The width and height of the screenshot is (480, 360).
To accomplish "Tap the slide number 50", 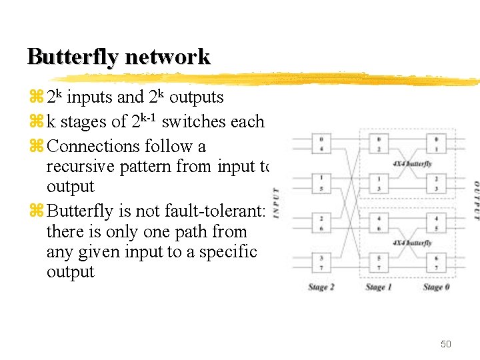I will [445, 344].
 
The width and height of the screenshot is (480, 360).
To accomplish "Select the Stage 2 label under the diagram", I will [321, 287].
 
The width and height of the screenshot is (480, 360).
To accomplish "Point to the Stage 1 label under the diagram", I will [378, 287].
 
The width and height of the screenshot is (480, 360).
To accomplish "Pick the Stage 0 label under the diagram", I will [436, 287].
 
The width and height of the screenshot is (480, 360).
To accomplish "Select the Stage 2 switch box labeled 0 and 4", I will [321, 143].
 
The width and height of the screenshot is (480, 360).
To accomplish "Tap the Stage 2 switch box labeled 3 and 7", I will [321, 262].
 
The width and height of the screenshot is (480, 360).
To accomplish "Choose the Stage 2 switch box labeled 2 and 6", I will [321, 223].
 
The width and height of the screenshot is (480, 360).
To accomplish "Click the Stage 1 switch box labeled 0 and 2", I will [379, 143].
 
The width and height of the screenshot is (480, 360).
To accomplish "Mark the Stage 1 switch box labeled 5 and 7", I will [379, 262].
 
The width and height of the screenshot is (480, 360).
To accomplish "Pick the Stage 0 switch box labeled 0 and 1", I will [436, 143].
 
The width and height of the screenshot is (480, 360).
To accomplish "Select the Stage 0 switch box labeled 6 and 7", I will [436, 262].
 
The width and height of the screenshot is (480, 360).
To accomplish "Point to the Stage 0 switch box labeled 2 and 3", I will [436, 183].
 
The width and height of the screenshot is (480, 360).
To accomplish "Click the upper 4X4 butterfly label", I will [413, 163].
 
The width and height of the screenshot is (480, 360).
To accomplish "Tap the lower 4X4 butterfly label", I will [413, 243].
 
